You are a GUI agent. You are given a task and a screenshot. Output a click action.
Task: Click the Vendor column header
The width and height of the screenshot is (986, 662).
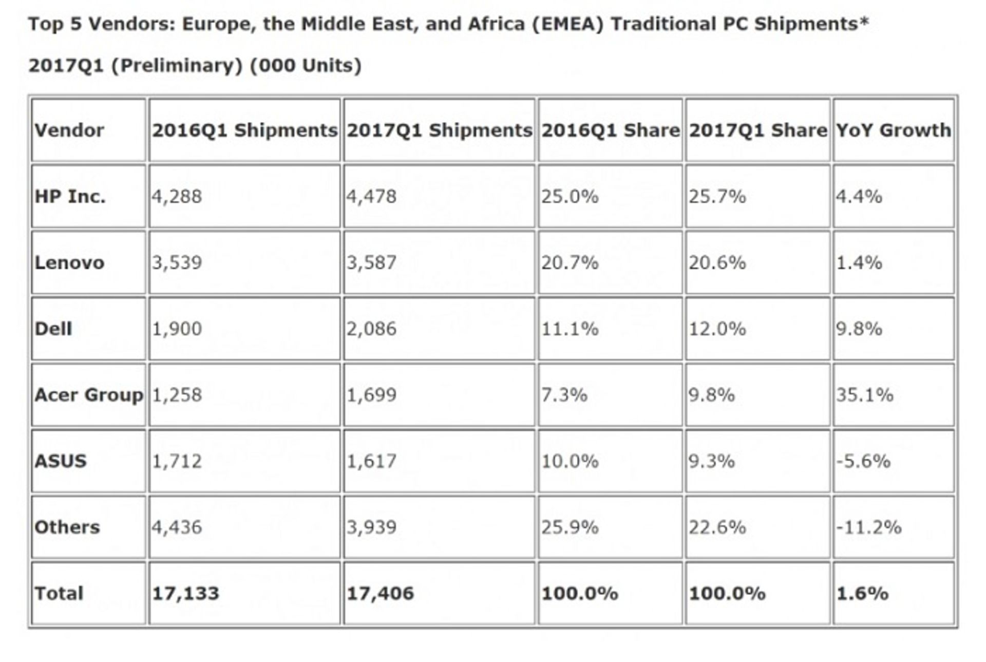point(69,130)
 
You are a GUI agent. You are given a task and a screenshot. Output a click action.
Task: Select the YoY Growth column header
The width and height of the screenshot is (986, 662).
point(894,130)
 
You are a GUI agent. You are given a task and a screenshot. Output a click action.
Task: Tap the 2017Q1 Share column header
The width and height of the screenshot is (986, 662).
point(758,130)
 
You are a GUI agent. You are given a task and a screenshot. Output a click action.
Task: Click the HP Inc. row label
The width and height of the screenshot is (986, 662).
point(70,196)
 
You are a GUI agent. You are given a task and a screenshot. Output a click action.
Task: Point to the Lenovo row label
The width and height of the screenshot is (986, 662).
point(69,262)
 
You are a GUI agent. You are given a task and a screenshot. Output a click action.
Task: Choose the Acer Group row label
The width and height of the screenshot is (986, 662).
point(89,395)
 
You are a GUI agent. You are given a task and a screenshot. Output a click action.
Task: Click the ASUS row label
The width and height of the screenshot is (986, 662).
point(61,461)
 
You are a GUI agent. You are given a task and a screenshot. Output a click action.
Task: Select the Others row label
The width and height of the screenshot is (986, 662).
point(67,527)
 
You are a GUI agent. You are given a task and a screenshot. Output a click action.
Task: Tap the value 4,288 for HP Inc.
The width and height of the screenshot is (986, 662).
point(177,196)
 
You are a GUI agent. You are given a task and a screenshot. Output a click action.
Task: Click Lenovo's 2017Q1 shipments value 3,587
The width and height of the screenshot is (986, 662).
point(371,262)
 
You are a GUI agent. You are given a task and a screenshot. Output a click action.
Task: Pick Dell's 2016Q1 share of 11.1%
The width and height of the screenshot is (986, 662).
point(570,329)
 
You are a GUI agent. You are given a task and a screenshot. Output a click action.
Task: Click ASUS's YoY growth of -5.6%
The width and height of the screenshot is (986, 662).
point(863,461)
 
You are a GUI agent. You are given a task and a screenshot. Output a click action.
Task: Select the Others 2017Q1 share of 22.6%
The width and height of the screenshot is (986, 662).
point(717,527)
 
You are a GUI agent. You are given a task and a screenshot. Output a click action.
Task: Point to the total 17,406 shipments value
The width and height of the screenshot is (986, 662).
point(380,593)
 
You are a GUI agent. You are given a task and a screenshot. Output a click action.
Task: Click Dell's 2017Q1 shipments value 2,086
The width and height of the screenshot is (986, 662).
point(371,329)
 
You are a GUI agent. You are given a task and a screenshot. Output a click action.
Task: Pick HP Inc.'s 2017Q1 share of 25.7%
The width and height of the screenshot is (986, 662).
point(717,196)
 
